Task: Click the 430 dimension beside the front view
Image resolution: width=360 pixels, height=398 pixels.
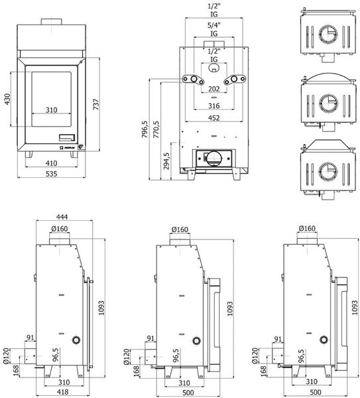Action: pyautogui.click(x=7, y=99)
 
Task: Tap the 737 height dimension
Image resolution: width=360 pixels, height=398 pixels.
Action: pyautogui.click(x=96, y=104)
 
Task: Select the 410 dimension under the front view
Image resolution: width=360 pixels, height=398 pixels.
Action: pyautogui.click(x=51, y=163)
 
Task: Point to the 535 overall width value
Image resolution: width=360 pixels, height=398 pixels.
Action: pyautogui.click(x=51, y=174)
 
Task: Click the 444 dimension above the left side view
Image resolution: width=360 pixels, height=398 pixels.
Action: pyautogui.click(x=62, y=217)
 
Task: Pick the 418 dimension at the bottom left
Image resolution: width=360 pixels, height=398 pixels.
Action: pyautogui.click(x=62, y=392)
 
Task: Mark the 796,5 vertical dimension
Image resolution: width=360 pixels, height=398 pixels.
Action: pyautogui.click(x=145, y=129)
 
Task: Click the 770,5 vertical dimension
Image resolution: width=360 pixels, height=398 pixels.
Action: pyautogui.click(x=156, y=129)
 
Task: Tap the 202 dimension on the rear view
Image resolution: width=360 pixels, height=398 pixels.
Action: pyautogui.click(x=214, y=89)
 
